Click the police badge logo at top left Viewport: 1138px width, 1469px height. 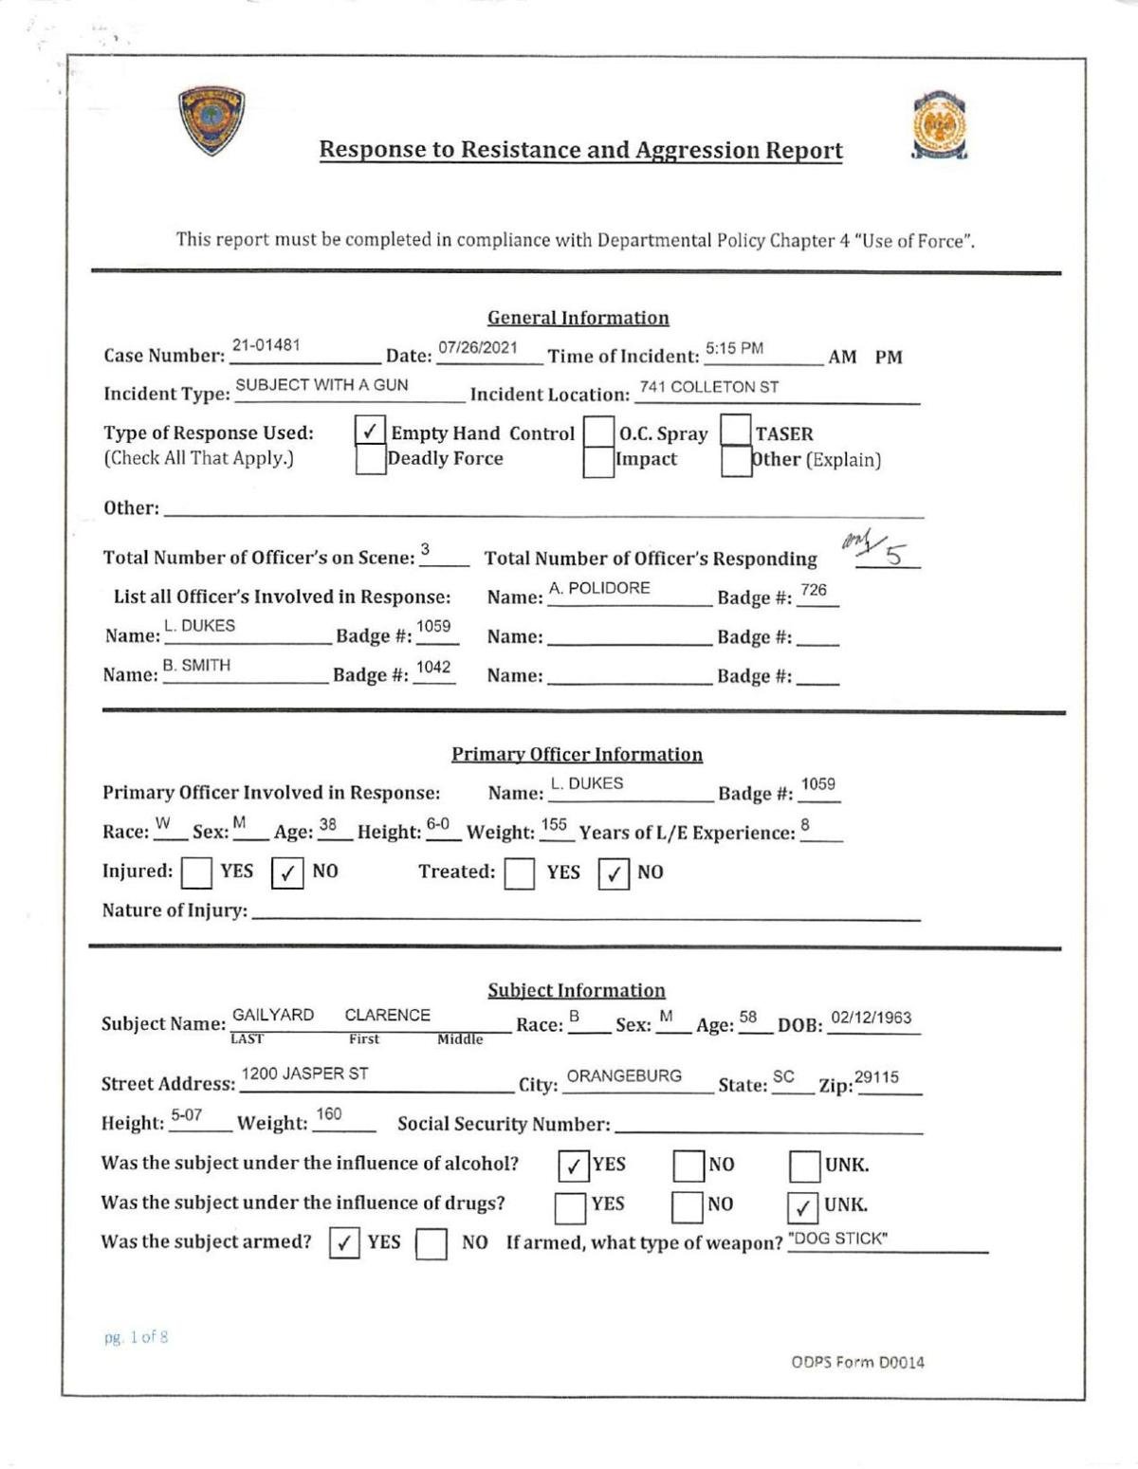tap(211, 120)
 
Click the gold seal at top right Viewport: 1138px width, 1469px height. tap(939, 126)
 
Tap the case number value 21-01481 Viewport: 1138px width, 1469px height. tap(266, 345)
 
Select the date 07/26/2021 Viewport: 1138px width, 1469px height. tap(478, 347)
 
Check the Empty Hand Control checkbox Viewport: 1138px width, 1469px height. tap(370, 431)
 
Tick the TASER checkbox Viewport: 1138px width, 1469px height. tap(736, 431)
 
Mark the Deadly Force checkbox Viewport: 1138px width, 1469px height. tap(370, 460)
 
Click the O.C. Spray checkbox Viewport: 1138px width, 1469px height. tap(598, 432)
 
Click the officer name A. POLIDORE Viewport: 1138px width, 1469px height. tap(599, 588)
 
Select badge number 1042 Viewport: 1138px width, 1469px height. tap(433, 668)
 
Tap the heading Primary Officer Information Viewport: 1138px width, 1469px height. tap(577, 754)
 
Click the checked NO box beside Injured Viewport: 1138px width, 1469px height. tap(286, 872)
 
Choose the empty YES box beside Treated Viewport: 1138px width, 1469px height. tap(519, 872)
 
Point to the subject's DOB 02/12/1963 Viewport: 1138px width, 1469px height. tap(871, 1018)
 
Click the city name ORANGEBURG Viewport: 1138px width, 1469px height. tap(624, 1076)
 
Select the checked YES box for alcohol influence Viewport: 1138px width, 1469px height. tap(573, 1166)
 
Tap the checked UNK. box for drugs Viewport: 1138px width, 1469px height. tap(802, 1206)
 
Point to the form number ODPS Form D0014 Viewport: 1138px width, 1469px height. tap(857, 1363)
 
